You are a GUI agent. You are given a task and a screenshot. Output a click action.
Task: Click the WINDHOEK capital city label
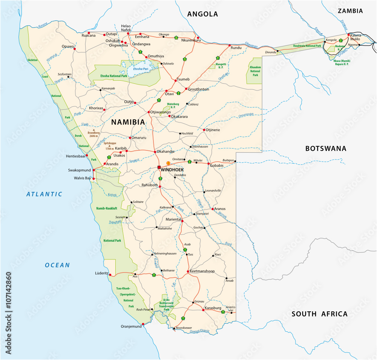[172, 170]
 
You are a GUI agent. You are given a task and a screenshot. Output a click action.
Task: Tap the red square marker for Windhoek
[159, 167]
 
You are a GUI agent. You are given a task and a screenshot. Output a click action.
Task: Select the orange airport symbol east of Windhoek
[168, 163]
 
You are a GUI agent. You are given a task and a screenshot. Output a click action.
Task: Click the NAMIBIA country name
[128, 122]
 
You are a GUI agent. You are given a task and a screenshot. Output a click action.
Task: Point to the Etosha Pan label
[140, 69]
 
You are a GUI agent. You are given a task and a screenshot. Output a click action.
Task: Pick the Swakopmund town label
[79, 170]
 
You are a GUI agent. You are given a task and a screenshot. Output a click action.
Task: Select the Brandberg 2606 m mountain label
[94, 134]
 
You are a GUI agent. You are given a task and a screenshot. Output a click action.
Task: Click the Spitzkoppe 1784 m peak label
[109, 146]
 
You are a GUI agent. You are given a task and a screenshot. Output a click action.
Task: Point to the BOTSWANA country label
[325, 149]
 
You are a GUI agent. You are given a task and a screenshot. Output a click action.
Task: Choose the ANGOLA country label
[202, 14]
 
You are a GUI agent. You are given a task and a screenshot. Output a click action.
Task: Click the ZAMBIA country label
[350, 11]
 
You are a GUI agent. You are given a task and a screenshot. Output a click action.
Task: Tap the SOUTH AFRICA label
[319, 314]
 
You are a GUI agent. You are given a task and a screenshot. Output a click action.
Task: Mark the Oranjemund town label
[131, 326]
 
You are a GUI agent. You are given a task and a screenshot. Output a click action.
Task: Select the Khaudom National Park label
[255, 70]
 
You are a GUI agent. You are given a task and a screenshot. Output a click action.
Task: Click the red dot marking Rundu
[230, 46]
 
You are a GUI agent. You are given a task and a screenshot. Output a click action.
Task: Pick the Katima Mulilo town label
[355, 37]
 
